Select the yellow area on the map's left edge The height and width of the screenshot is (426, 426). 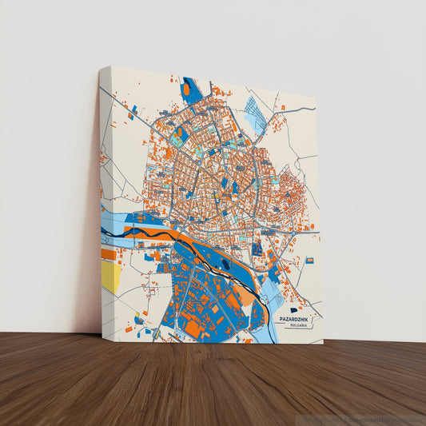click(110, 277)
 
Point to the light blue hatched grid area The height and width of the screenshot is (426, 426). click(254, 113)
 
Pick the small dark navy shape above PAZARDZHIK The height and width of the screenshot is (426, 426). click(293, 310)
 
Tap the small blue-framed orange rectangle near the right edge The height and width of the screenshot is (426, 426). click(309, 261)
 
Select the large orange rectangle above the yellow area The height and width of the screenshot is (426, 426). click(108, 254)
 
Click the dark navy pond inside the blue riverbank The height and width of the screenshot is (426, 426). click(225, 263)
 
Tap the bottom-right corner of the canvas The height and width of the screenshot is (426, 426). click(322, 343)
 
